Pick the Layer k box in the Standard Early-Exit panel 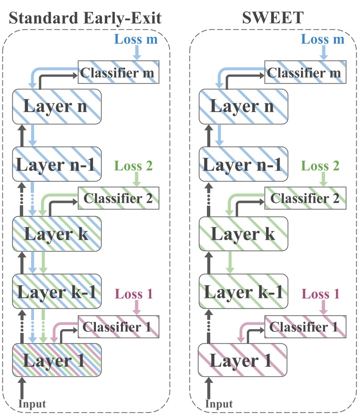(x=57, y=233)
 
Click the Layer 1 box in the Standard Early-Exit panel (x=57, y=360)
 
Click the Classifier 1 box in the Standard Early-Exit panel (x=119, y=326)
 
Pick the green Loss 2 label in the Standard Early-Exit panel (x=134, y=165)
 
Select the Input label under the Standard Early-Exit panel (x=32, y=403)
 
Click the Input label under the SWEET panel (x=219, y=403)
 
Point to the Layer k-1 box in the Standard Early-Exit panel (x=57, y=290)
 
